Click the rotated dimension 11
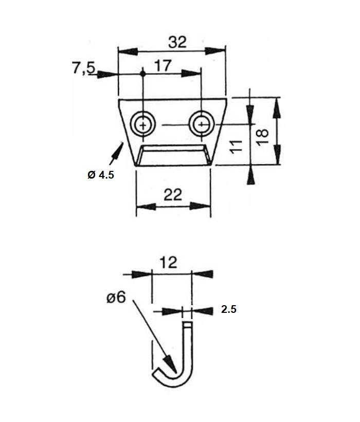coord(236,146)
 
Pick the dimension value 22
coord(173,195)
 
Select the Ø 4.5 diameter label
coord(100,175)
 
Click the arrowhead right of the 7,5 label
coord(105,74)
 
